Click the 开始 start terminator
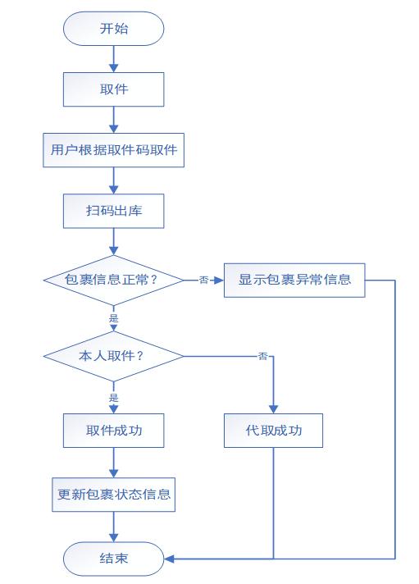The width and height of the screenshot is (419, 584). click(x=114, y=29)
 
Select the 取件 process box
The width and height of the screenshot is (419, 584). click(x=114, y=89)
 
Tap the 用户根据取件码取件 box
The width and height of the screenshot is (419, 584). click(x=114, y=150)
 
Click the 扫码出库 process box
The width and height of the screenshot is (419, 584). click(x=114, y=211)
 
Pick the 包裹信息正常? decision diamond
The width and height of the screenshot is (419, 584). click(x=114, y=280)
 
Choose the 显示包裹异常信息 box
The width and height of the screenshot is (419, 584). click(x=294, y=280)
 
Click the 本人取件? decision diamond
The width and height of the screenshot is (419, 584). click(x=114, y=356)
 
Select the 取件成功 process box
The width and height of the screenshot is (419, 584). click(x=114, y=431)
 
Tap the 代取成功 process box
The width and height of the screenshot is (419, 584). click(x=273, y=431)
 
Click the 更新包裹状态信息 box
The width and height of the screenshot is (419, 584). click(x=114, y=495)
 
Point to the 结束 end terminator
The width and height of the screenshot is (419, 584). click(x=114, y=559)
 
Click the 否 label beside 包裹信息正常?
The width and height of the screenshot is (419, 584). click(x=203, y=280)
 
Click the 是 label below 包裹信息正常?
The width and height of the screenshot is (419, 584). click(x=114, y=317)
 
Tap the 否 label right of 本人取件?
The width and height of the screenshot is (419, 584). click(x=263, y=356)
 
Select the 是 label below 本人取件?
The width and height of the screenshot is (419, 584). click(x=114, y=398)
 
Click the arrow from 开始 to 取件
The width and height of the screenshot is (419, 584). click(x=114, y=58)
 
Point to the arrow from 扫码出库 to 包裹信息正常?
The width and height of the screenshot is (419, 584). click(x=114, y=241)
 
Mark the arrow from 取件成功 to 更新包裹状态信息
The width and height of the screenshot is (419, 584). click(x=114, y=463)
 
